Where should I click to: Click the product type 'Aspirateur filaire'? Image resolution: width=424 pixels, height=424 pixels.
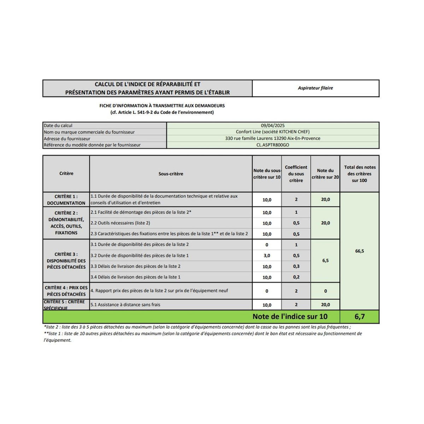point(315,88)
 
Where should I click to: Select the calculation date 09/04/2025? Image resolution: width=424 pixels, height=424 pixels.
point(273,125)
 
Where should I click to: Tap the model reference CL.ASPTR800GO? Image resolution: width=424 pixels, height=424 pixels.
point(273,145)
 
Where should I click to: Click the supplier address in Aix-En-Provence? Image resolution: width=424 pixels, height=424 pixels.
point(273,139)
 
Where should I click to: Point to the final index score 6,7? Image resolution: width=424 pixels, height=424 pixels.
point(359,317)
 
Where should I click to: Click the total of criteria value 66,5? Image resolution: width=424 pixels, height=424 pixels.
point(359,251)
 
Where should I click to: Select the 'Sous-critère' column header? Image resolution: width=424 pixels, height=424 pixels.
point(171,174)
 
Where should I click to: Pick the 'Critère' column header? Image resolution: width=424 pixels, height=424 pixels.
point(66,173)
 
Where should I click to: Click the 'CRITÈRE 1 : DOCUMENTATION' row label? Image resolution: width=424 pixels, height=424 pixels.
point(66,200)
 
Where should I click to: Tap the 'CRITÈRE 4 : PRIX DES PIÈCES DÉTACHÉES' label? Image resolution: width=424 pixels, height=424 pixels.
point(66,291)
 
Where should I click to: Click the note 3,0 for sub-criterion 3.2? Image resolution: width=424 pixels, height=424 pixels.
point(267,255)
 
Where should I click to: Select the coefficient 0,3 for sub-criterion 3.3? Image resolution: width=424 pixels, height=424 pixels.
point(296,266)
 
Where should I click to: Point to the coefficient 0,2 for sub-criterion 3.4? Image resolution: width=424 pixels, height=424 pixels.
point(296,277)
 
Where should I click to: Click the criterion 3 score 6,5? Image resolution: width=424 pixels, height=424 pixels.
point(325,260)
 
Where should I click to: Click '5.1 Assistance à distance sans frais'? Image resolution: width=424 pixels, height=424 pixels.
point(125,305)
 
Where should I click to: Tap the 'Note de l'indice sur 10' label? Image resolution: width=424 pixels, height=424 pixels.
point(290,317)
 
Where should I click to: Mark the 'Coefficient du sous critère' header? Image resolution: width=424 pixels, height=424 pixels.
point(296,173)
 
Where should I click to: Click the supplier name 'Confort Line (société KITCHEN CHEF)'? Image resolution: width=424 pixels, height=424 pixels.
point(273,132)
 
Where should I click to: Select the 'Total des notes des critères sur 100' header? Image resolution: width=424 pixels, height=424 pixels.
point(360,173)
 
